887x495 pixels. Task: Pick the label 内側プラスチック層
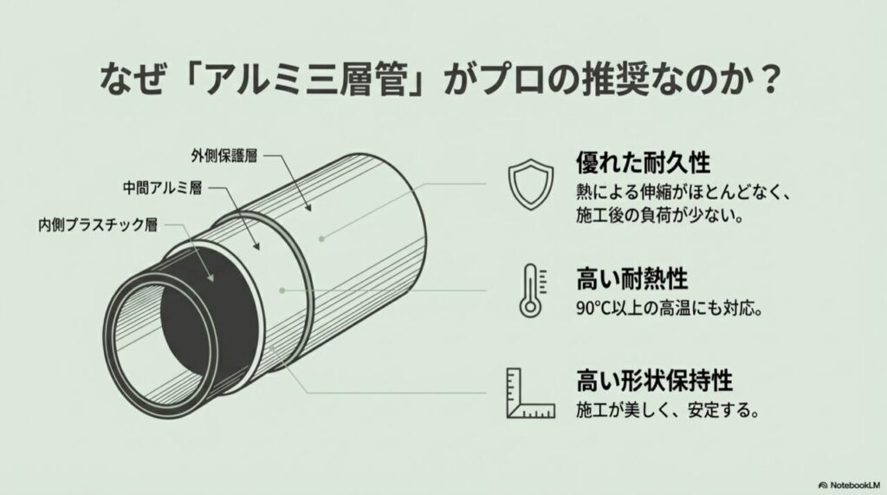click(97, 225)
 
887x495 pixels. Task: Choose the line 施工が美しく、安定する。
click(668, 410)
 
